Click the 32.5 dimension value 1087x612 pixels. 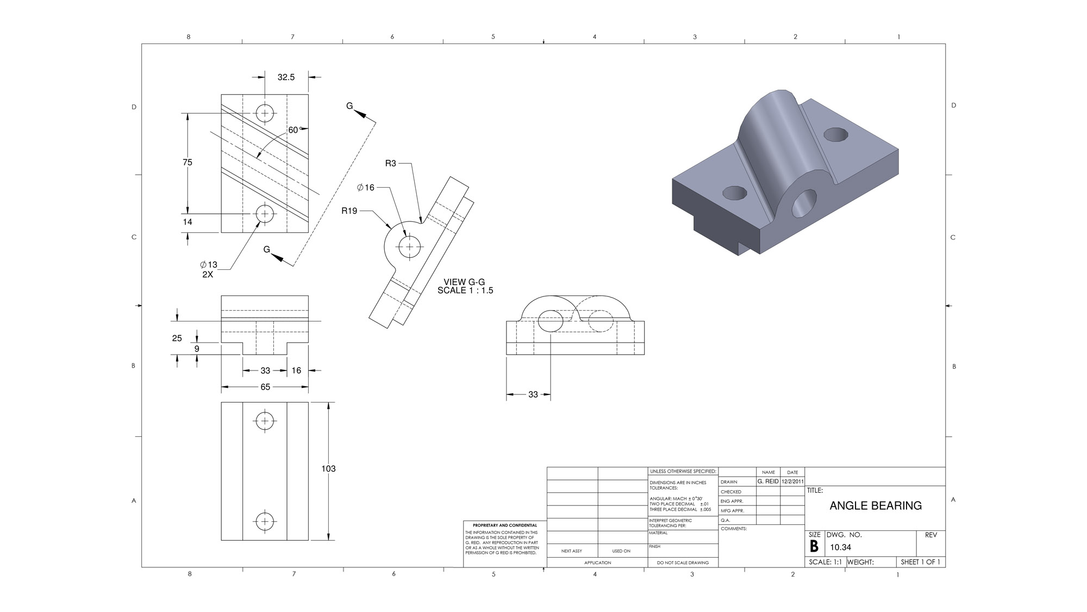pos(286,77)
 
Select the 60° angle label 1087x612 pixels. pos(293,130)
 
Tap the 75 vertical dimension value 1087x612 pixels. pos(188,162)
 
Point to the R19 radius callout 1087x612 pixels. pos(349,211)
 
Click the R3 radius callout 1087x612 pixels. pos(391,163)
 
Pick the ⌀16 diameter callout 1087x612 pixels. pos(366,188)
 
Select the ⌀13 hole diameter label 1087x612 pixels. pos(209,265)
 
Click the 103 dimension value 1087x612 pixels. pos(328,468)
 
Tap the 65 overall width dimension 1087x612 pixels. pos(265,387)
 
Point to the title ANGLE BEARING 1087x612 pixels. pos(876,505)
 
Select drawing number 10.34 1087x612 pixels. pos(840,547)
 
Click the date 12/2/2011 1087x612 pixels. pos(792,481)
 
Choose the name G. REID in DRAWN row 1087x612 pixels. pos(768,481)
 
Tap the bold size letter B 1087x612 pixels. pos(814,547)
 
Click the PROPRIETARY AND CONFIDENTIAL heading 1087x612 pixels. pos(505,526)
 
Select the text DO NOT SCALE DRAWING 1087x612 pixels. pos(683,562)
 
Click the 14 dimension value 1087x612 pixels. pos(188,222)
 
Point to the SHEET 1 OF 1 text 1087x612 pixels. pos(920,562)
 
